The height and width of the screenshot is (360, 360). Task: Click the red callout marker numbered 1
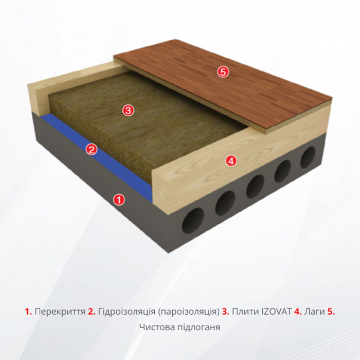(x=119, y=200)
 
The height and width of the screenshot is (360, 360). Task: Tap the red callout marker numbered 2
(x=92, y=150)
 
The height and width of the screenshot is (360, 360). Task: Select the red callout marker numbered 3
(x=128, y=111)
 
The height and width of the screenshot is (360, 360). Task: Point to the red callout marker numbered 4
(x=231, y=160)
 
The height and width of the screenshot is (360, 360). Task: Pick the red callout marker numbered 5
(x=223, y=73)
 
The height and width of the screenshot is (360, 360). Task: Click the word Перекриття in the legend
(x=60, y=312)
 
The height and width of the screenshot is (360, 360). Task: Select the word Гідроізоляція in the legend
(x=127, y=312)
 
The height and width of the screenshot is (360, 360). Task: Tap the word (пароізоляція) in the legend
(x=189, y=312)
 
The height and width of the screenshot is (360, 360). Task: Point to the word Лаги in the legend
(x=315, y=312)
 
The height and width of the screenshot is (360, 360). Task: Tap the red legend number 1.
(x=28, y=312)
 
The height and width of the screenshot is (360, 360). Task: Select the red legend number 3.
(x=226, y=312)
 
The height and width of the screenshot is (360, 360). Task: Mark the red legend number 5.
(x=331, y=312)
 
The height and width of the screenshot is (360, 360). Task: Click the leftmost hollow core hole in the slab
(x=193, y=221)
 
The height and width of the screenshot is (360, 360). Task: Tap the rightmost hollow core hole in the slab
(x=308, y=157)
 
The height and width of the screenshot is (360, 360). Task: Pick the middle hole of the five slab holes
(x=255, y=186)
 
